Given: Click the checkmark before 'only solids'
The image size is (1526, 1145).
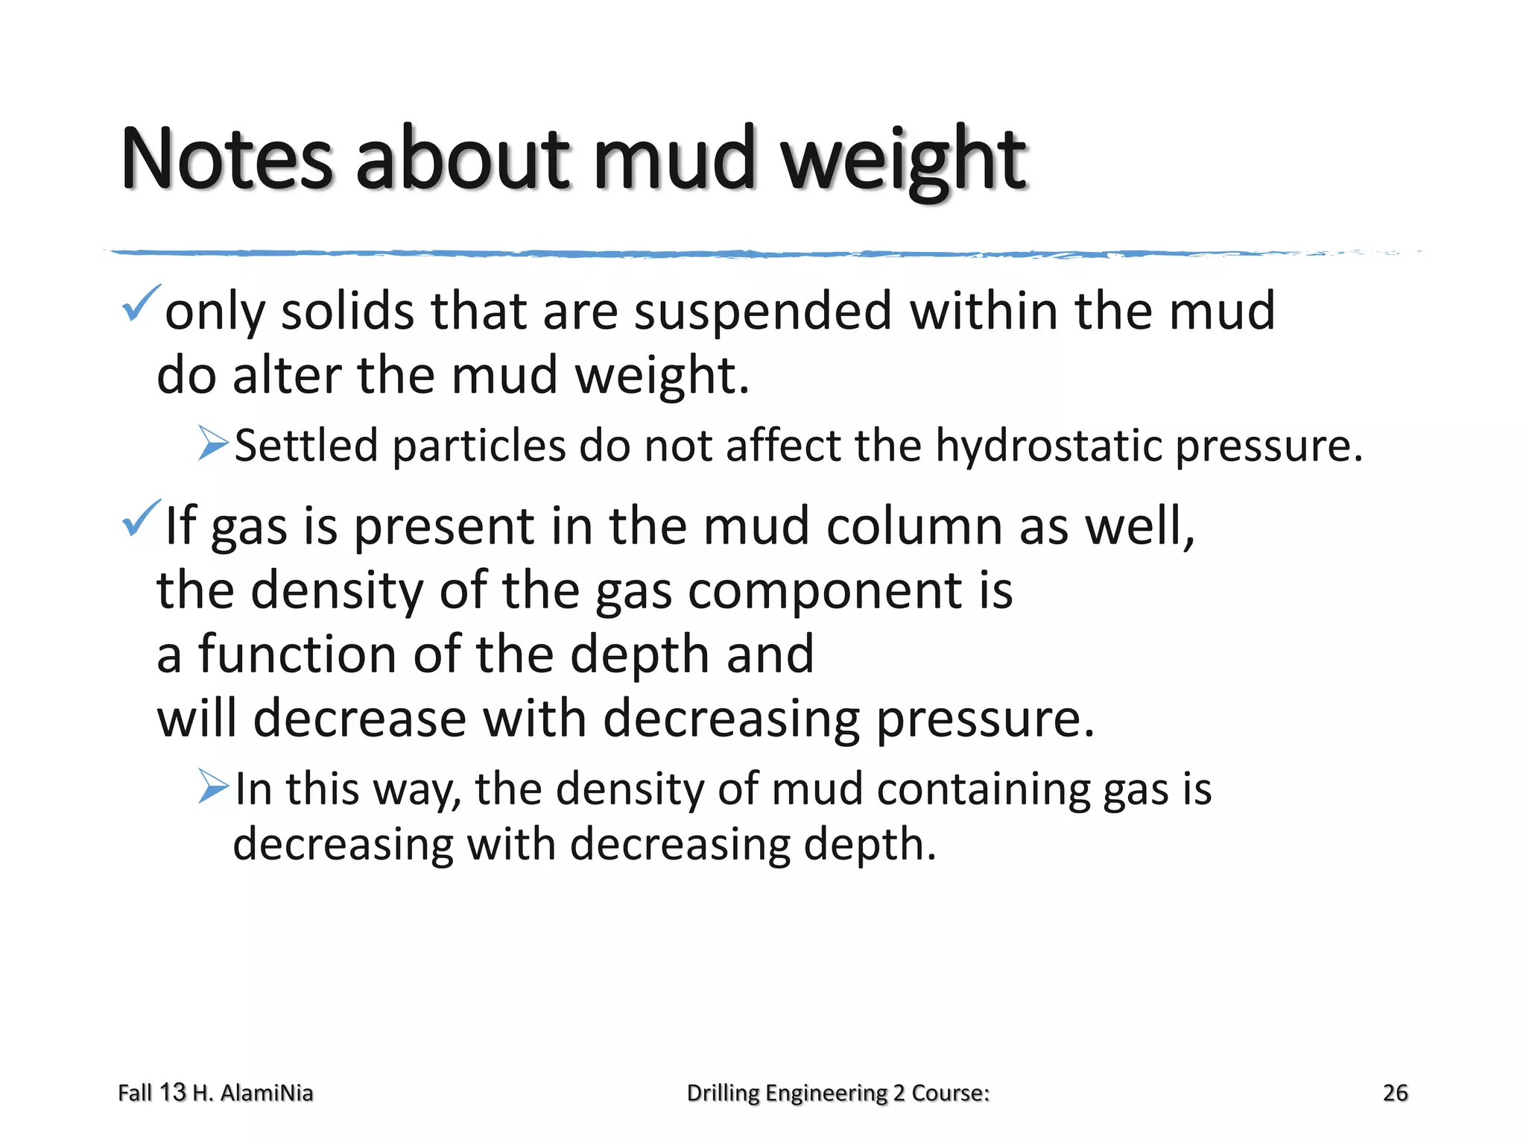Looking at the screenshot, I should [140, 303].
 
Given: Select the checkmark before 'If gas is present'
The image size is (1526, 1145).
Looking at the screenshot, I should [140, 518].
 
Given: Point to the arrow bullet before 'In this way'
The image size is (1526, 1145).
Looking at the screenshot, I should [213, 786].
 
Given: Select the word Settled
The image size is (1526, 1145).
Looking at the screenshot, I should [306, 447].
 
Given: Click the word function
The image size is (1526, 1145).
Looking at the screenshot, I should [297, 654].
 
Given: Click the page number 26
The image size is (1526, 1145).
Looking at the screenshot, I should [1395, 1093].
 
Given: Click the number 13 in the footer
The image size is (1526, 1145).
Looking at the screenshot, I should [172, 1093].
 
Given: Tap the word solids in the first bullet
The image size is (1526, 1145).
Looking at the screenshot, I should [347, 312].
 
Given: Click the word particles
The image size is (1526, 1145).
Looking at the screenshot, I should [479, 447].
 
